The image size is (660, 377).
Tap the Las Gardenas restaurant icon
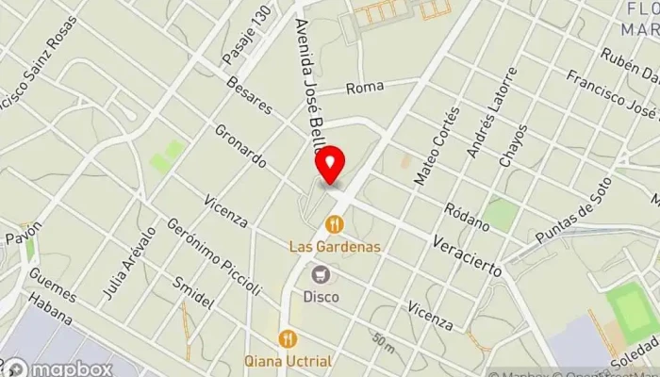333,224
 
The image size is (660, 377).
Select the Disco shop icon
322,274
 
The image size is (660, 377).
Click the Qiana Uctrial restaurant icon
288,338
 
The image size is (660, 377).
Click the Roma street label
365,88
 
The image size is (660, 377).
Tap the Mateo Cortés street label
436,144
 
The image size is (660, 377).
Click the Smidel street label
194,295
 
